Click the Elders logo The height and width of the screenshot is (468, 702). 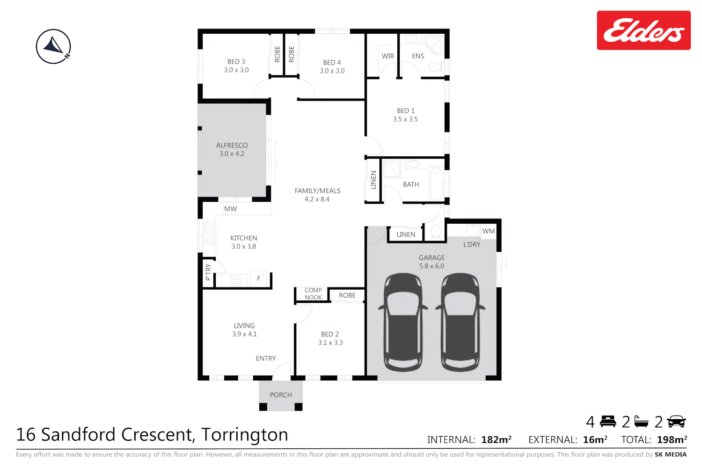pyautogui.click(x=643, y=30)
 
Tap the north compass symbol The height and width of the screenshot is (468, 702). pyautogui.click(x=53, y=46)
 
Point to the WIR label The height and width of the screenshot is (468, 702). pyautogui.click(x=388, y=56)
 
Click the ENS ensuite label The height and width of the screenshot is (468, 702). pyautogui.click(x=418, y=56)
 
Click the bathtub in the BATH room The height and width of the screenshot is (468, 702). pyautogui.click(x=437, y=184)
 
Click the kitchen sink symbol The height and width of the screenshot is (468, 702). pyautogui.click(x=209, y=233)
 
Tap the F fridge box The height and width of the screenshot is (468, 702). pyautogui.click(x=258, y=278)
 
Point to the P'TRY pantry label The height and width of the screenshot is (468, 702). pyautogui.click(x=208, y=272)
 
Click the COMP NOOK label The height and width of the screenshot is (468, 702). pyautogui.click(x=313, y=294)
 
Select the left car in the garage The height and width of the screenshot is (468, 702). pyautogui.click(x=403, y=322)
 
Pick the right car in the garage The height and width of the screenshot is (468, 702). pyautogui.click(x=460, y=322)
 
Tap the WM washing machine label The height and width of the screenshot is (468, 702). pyautogui.click(x=489, y=231)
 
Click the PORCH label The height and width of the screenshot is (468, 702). pyautogui.click(x=281, y=395)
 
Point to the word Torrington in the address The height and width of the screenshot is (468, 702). pyautogui.click(x=244, y=434)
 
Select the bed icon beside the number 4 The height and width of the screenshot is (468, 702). pyautogui.click(x=608, y=422)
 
